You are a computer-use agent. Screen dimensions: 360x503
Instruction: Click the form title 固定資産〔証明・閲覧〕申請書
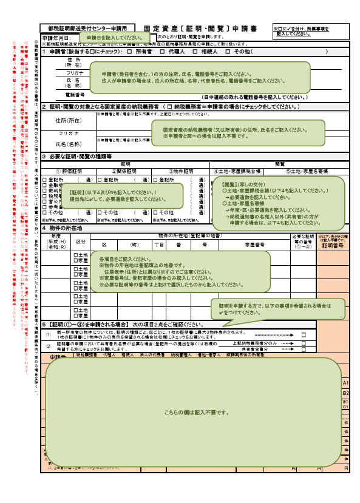pyautogui.click(x=200, y=29)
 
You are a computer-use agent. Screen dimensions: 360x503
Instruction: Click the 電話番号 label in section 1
pyautogui.click(x=74, y=95)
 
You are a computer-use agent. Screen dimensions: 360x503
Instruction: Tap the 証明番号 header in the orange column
pyautogui.click(x=333, y=246)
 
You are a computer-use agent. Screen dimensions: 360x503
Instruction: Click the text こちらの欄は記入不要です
pyautogui.click(x=195, y=412)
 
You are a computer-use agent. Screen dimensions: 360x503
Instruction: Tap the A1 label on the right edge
pyautogui.click(x=345, y=383)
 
